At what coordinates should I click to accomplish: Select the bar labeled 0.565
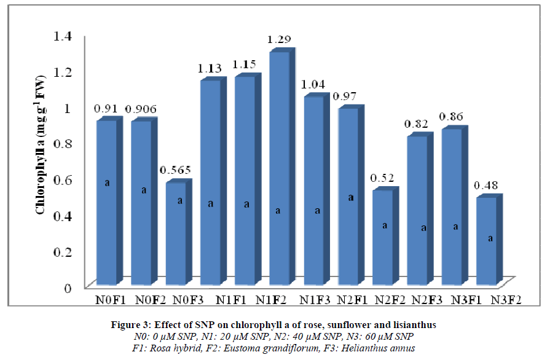[x=176, y=233]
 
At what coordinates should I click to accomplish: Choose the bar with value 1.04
[x=313, y=190]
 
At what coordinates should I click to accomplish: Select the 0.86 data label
[x=454, y=117]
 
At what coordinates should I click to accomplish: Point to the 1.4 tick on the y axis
[x=63, y=36]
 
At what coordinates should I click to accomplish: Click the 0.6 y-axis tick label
[x=63, y=179]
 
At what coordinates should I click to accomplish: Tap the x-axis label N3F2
[x=508, y=301]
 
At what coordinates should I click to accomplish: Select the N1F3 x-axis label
[x=315, y=301]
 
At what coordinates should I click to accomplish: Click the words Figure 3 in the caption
[x=178, y=324]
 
